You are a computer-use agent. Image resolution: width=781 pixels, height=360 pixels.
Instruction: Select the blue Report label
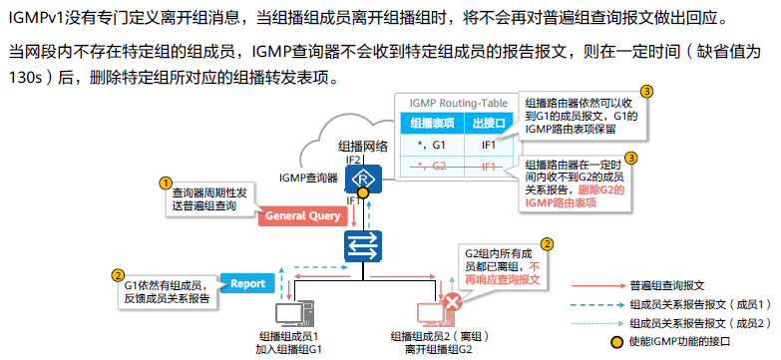(x=247, y=283)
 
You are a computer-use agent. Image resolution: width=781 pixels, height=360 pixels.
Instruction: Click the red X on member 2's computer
(x=453, y=302)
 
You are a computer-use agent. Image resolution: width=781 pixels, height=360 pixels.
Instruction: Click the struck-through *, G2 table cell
(x=430, y=166)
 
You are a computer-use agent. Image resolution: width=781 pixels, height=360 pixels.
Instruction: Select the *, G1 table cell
(x=430, y=145)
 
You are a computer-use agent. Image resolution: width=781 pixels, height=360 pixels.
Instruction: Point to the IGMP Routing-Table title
(x=453, y=103)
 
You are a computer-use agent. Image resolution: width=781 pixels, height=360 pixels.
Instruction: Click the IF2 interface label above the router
(x=352, y=160)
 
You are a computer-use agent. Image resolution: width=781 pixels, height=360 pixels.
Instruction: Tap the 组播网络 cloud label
(x=362, y=146)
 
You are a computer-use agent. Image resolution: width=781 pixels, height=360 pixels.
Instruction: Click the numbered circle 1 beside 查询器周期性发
(x=165, y=182)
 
